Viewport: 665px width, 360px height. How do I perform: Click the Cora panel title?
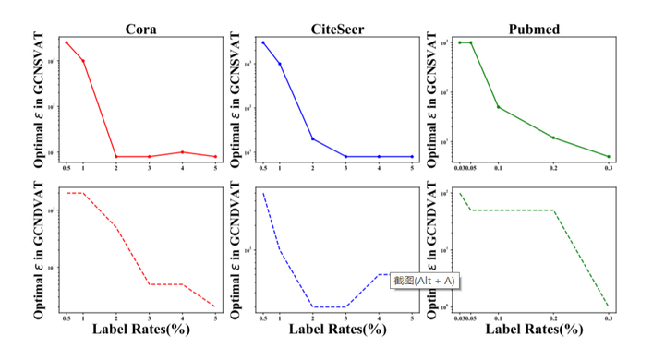pos(140,29)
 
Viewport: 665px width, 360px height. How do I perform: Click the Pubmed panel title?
pos(533,29)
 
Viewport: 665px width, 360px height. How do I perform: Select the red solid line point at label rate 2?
pos(115,157)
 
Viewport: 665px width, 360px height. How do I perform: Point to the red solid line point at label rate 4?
pos(183,152)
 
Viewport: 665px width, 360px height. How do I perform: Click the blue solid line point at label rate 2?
pos(312,139)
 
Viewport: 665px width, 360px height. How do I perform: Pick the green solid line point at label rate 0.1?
pos(498,107)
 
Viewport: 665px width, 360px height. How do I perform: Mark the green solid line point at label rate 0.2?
pos(553,138)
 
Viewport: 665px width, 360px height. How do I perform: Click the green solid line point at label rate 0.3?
pos(609,157)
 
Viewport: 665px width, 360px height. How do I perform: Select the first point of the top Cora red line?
pos(66,42)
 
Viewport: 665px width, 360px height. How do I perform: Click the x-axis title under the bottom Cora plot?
pos(140,331)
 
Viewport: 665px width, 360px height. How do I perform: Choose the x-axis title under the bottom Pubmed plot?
pos(533,331)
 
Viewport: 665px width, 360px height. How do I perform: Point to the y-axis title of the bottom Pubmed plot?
pos(433,250)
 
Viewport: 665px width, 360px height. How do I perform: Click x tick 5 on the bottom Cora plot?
pos(215,318)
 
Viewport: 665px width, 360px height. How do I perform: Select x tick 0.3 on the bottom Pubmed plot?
pos(609,318)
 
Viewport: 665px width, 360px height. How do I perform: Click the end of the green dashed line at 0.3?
pos(609,306)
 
